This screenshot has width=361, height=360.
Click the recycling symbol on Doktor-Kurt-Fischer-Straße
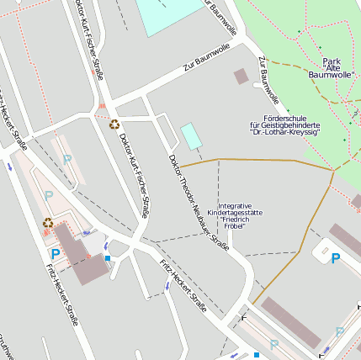(x=114, y=124)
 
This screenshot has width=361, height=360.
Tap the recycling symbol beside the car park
(x=48, y=223)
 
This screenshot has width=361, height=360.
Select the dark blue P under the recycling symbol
(x=56, y=253)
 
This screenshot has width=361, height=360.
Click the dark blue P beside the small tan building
(x=335, y=258)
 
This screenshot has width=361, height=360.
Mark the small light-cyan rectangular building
(x=192, y=136)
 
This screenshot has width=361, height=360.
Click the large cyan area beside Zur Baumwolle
(x=169, y=15)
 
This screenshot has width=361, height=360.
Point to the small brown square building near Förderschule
(x=242, y=77)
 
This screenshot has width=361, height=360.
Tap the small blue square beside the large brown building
(x=107, y=257)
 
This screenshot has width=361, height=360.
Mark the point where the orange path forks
(x=333, y=172)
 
